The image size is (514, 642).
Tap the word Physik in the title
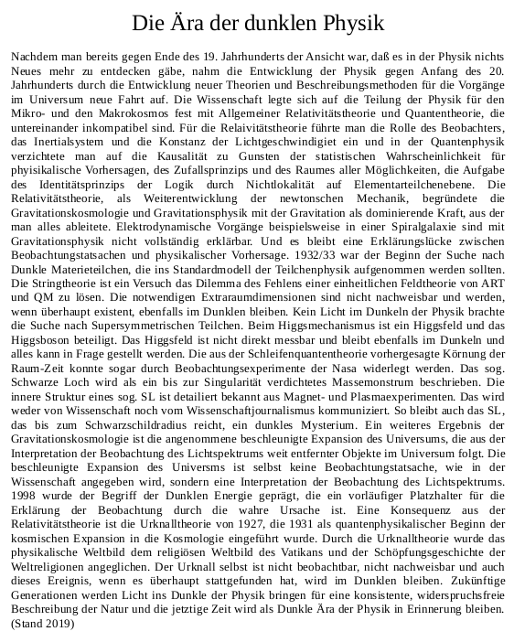[344, 23]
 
